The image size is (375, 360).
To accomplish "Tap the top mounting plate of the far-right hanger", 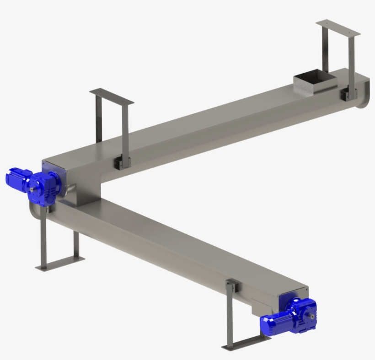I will click(x=338, y=27).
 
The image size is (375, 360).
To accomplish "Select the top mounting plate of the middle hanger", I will click(x=112, y=97).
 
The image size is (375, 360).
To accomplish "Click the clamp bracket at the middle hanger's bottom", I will click(x=122, y=162).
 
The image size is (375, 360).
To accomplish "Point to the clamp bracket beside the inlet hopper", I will click(x=348, y=95).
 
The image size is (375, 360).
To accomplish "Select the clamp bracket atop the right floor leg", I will click(x=231, y=288).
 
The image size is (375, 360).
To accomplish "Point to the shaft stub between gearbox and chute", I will click(x=70, y=188).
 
